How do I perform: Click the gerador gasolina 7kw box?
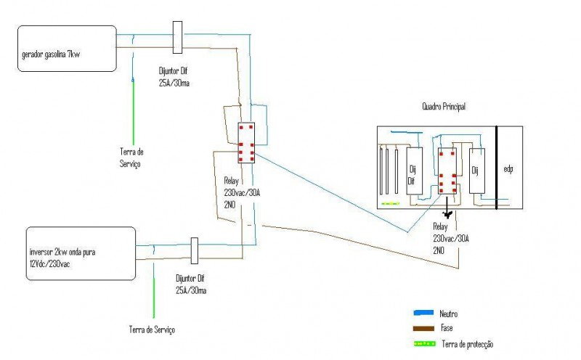point(67,49)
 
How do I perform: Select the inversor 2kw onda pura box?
point(81,253)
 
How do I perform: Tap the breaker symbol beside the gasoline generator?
point(177,37)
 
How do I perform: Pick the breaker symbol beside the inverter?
point(194,250)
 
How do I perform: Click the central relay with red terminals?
point(246,142)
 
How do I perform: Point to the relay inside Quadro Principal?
point(447,171)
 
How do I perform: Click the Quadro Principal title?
point(444,107)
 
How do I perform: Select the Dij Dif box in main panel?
point(414,171)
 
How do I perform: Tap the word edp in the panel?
point(508,169)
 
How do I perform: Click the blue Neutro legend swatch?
point(423,313)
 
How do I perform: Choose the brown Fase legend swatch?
point(423,329)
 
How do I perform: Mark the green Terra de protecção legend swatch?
point(425,344)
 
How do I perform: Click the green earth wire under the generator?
point(134,111)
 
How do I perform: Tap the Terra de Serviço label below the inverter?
point(152,330)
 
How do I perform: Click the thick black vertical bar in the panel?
point(497,168)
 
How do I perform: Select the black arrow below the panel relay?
point(447,208)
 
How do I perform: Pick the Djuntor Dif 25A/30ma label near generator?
point(174,77)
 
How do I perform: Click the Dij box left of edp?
point(477,171)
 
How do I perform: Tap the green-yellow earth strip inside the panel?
point(391,203)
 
